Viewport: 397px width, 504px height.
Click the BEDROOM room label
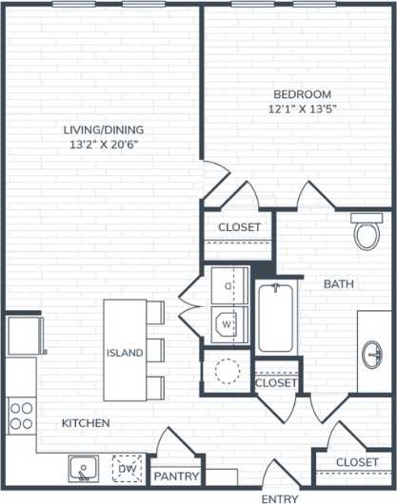tap(302, 94)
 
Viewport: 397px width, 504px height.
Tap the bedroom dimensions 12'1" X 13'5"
tap(302, 109)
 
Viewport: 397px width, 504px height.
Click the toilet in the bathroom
tap(366, 232)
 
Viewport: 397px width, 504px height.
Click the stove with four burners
tap(21, 415)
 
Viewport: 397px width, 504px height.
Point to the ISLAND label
tap(125, 353)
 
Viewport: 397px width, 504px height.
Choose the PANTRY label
tap(176, 476)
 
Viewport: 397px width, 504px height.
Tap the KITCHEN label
tap(86, 422)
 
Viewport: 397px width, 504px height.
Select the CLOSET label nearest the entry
tap(357, 462)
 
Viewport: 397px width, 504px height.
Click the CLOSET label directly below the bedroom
tap(239, 227)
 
